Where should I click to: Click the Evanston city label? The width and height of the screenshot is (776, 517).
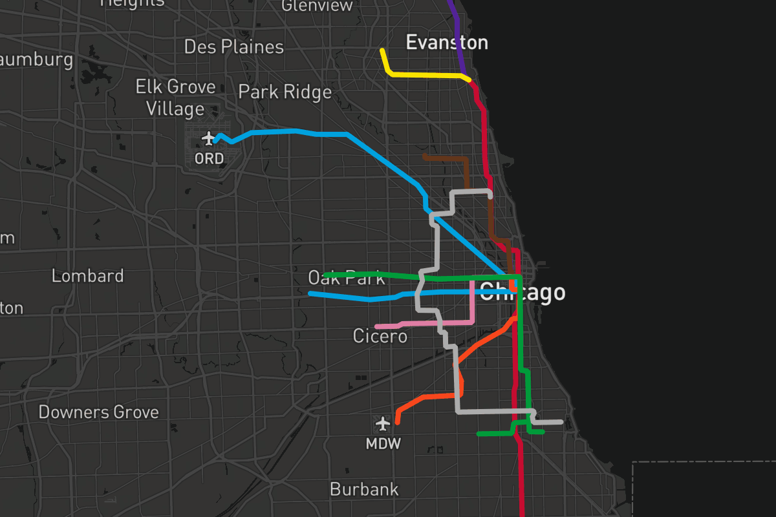446,43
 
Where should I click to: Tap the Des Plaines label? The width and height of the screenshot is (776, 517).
233,47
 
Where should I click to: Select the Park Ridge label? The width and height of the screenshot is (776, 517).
285,92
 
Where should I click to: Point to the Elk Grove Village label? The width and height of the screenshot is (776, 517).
175,97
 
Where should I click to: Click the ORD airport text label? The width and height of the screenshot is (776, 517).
209,158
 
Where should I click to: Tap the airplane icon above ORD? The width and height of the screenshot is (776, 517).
208,138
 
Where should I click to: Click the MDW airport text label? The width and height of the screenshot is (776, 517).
383,444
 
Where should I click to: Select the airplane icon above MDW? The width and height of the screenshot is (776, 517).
383,424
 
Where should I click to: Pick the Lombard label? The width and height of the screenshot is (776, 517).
87,276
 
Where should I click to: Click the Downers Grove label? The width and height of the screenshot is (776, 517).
98,412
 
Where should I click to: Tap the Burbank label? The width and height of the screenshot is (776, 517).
364,489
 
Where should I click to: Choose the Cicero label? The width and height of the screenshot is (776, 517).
380,337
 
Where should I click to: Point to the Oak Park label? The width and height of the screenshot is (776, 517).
346,279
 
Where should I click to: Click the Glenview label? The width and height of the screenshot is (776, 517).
318,6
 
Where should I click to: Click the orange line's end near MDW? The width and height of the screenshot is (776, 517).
397,422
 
